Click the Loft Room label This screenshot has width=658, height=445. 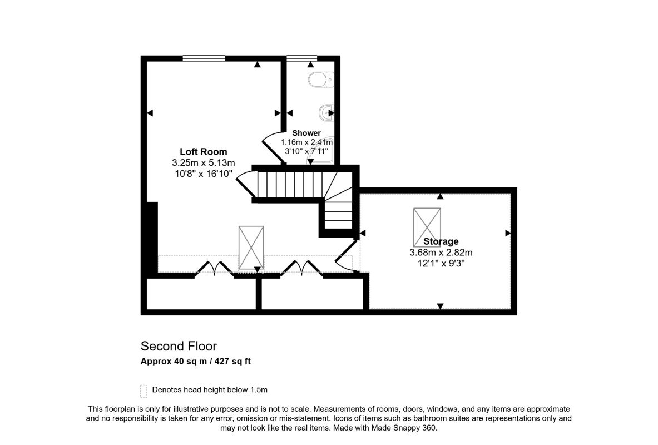[204, 151]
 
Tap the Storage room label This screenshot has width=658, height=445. [441, 241]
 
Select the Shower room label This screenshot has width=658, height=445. [306, 133]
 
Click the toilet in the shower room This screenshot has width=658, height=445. [321, 80]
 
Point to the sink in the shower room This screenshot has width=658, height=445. [326, 112]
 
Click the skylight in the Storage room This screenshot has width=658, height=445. [427, 227]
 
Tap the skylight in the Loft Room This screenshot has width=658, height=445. [251, 248]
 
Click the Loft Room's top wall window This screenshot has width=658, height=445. [204, 58]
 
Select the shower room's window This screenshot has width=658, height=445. [301, 58]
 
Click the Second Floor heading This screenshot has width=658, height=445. [179, 346]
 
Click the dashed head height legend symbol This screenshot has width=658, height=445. [144, 391]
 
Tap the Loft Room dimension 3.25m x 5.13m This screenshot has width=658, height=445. [204, 162]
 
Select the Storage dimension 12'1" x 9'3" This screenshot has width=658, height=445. [441, 264]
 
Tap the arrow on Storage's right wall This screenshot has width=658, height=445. [508, 233]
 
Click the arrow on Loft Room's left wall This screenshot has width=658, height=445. [150, 113]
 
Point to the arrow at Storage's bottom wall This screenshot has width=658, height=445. [440, 306]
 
